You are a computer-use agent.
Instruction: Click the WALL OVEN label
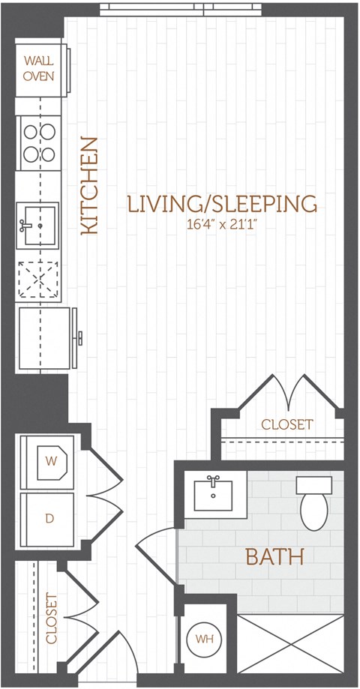point(38,67)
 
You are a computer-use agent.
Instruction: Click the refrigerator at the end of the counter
point(45,337)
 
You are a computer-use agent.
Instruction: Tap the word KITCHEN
point(89,186)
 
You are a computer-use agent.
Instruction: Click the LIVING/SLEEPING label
point(222,203)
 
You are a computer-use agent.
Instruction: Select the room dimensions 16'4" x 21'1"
point(222,223)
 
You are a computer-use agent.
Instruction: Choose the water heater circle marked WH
point(202,640)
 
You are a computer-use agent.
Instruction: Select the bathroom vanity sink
point(213,494)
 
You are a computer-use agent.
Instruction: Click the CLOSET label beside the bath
point(286,424)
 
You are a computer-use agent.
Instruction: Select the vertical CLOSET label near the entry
point(52,619)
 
